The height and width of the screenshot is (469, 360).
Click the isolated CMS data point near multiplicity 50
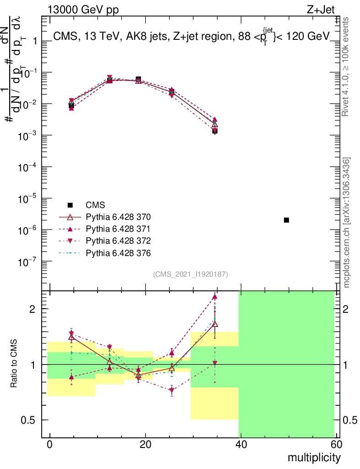pyautogui.click(x=286, y=220)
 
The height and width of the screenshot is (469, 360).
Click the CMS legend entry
pyautogui.click(x=96, y=205)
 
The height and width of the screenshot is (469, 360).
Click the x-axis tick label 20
pyautogui.click(x=145, y=444)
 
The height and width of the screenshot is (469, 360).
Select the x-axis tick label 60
pyautogui.click(x=335, y=444)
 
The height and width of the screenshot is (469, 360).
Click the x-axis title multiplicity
pyautogui.click(x=314, y=457)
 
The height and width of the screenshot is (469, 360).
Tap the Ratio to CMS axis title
pyautogui.click(x=15, y=365)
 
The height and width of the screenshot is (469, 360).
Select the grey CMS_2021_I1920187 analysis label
pyautogui.click(x=191, y=274)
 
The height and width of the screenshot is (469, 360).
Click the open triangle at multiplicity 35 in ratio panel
pyautogui.click(x=214, y=324)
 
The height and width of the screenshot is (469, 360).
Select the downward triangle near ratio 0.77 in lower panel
pyautogui.click(x=172, y=391)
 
